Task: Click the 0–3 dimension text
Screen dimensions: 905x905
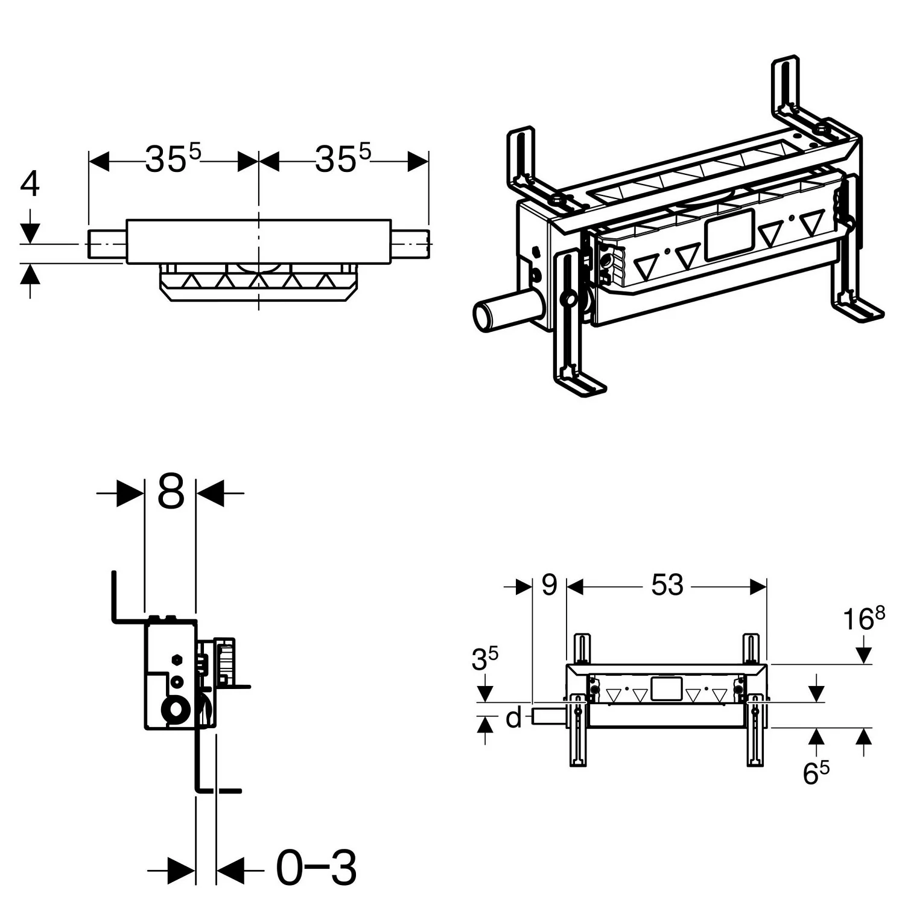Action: point(316,868)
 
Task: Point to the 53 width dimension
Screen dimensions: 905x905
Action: point(667,585)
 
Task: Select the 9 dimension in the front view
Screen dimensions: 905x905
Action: point(549,585)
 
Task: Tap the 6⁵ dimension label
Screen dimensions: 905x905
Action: point(816,773)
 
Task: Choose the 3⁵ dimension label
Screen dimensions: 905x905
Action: point(485,659)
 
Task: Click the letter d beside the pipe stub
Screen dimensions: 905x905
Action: point(513,718)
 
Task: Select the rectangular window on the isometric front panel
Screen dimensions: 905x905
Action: point(729,235)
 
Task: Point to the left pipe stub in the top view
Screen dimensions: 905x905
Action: point(107,244)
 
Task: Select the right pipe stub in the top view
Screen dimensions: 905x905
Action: point(410,244)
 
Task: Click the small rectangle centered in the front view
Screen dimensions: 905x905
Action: point(667,689)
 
